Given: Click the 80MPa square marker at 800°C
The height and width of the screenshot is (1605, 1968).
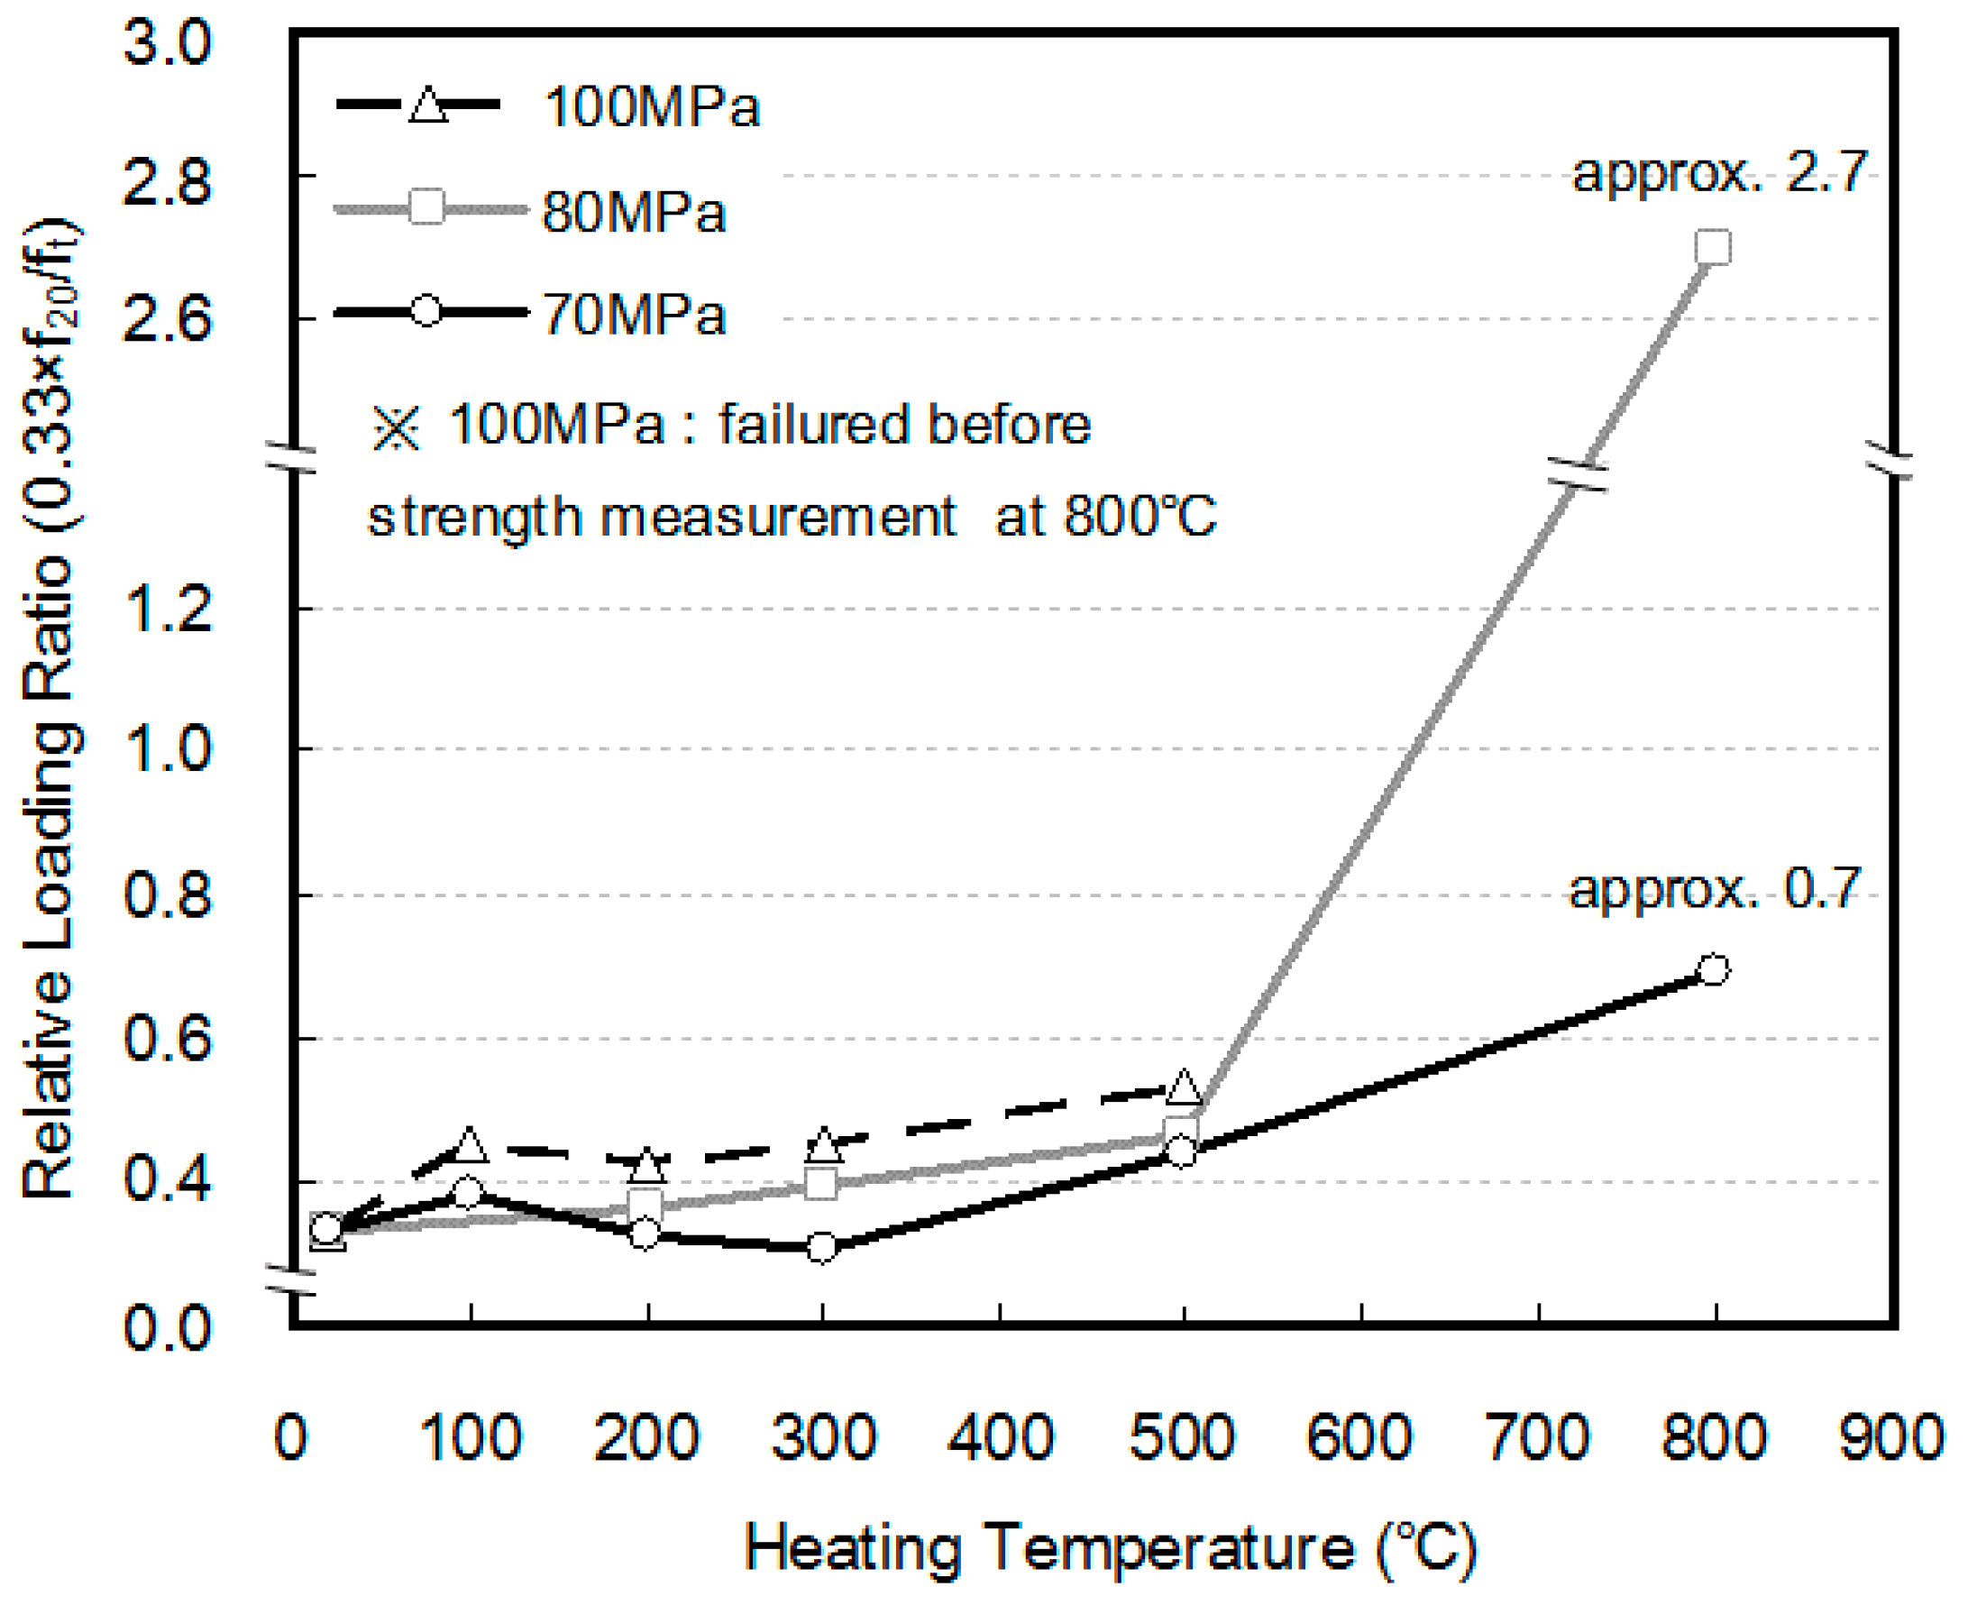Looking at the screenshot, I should point(1713,247).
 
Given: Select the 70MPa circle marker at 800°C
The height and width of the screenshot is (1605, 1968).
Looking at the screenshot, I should point(1713,969).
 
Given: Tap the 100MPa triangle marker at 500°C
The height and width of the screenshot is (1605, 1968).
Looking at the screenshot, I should point(1184,1087).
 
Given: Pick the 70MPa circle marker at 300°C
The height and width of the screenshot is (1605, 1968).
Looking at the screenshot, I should point(822,1247).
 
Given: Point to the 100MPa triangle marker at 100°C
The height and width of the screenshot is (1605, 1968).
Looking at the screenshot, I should point(470,1145).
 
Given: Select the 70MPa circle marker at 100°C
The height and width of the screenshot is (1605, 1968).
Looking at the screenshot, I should point(468,1193).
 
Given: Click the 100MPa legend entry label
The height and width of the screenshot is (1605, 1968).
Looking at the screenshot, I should point(652,106).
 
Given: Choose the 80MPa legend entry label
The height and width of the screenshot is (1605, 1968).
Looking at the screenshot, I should point(634,212).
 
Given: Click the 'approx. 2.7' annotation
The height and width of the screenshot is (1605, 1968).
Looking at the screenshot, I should point(1719,173).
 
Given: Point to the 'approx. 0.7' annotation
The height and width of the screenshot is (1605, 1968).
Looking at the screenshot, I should point(1715,889).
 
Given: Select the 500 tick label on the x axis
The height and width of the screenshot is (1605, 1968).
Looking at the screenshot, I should point(1182,1437).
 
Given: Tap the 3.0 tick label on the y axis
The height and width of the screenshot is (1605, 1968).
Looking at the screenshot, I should point(168,42).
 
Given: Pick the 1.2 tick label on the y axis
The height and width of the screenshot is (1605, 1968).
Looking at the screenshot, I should point(168,610).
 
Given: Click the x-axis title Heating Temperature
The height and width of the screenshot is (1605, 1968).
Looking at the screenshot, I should point(1109,1547).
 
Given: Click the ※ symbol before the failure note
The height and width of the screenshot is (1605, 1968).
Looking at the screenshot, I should point(396,428).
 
